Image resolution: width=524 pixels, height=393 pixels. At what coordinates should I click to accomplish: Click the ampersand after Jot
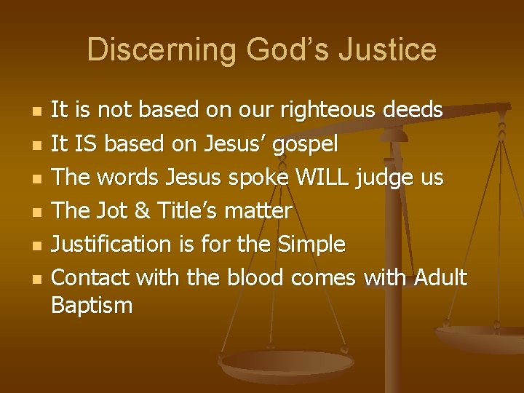pyautogui.click(x=144, y=211)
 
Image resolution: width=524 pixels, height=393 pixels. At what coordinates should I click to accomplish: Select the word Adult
pyautogui.click(x=440, y=277)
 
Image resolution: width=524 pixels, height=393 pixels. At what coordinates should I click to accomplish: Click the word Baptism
pyautogui.click(x=92, y=306)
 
